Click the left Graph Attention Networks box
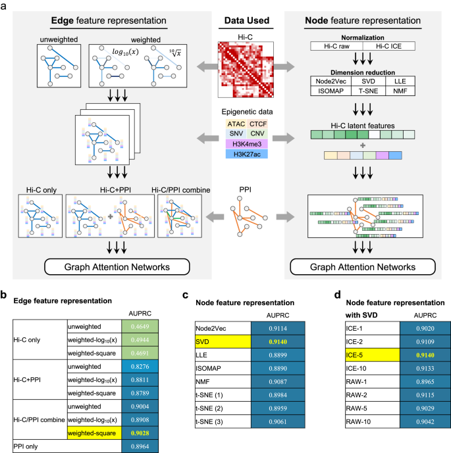tap(111, 250)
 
